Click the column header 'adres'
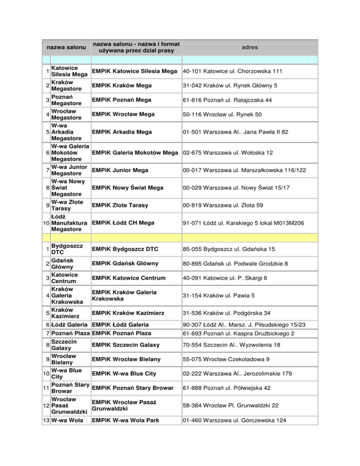point(250,47)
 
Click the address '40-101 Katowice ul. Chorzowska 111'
point(232,71)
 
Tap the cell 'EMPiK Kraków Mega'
point(121,86)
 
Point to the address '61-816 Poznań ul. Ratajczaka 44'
point(227,100)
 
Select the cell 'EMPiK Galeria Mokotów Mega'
point(135,153)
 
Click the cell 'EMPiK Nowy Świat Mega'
point(127,188)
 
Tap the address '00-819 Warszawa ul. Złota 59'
point(223,205)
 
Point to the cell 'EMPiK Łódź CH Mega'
point(124,223)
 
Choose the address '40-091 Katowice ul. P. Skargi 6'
point(225,278)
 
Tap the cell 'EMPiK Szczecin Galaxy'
point(129,346)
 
